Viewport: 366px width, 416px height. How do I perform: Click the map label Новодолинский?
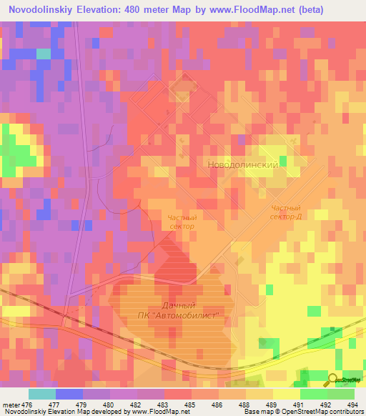[242, 164]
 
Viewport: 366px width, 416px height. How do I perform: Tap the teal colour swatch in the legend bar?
[41, 395]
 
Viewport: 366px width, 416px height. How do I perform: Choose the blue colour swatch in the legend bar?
[69, 395]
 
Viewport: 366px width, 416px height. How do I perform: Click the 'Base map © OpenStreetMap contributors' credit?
[303, 412]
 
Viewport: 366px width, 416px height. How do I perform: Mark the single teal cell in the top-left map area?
[44, 54]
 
